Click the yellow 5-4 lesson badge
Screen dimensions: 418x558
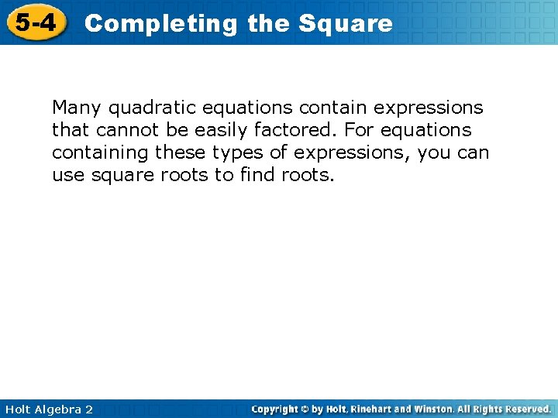[36, 23]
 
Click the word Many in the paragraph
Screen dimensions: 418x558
[76, 108]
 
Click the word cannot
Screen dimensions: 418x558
[126, 130]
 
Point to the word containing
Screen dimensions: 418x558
[100, 152]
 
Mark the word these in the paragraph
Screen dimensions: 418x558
[179, 152]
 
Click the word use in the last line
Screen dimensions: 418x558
[68, 175]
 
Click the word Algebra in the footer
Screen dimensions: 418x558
[58, 409]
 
